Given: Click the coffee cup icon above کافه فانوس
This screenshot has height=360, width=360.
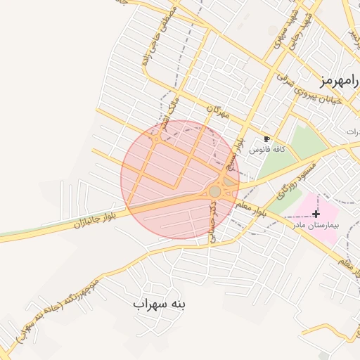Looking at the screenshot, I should click(x=266, y=139).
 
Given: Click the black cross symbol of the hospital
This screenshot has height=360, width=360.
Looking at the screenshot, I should click(x=316, y=214).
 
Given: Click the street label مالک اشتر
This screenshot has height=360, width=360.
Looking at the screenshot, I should click(x=169, y=112).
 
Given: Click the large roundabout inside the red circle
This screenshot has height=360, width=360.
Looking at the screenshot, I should click(x=215, y=191).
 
